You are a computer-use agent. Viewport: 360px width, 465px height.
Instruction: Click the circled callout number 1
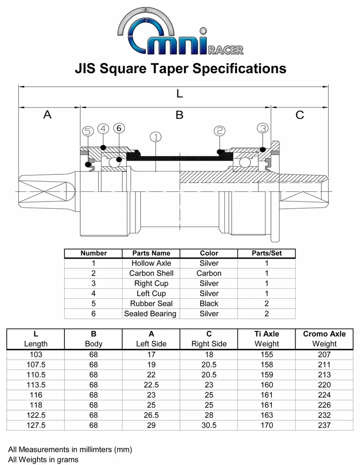[x=155, y=137]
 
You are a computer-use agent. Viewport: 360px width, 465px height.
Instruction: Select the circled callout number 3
[x=263, y=128]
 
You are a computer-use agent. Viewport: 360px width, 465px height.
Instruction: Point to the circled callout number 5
[x=88, y=131]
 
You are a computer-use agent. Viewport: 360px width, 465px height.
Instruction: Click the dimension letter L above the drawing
[x=180, y=93]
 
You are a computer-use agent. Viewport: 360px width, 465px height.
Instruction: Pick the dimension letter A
[x=47, y=115]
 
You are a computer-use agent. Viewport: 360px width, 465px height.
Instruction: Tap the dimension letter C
[x=300, y=115]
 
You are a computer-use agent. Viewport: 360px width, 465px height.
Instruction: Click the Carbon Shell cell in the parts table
[x=151, y=273]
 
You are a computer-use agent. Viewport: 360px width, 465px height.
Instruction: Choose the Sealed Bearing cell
[x=150, y=314]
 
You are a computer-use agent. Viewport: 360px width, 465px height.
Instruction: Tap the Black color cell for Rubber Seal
[x=209, y=304]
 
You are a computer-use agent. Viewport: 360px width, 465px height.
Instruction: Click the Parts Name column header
[x=151, y=253]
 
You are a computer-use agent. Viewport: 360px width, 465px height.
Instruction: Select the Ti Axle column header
[x=267, y=334]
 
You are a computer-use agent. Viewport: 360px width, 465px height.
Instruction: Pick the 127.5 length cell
[x=36, y=425]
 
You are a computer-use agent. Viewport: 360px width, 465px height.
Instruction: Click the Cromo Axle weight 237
[x=324, y=425]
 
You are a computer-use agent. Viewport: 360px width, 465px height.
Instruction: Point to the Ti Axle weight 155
[x=267, y=354]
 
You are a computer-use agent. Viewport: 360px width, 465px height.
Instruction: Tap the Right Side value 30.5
[x=209, y=425]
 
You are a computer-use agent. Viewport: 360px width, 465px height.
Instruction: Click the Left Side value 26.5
[x=151, y=415]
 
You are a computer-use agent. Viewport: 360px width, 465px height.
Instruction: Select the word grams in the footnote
[x=68, y=459]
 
